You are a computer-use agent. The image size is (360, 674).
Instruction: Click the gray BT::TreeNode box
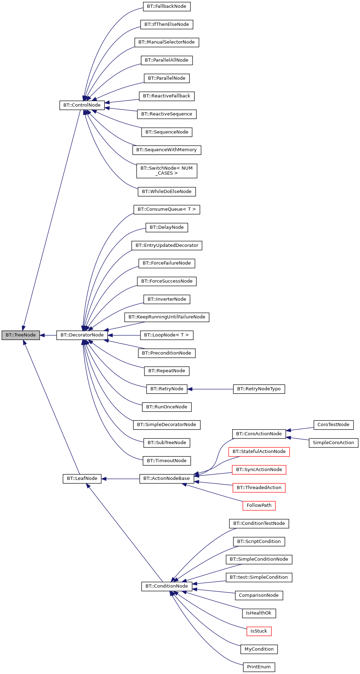coord(21,335)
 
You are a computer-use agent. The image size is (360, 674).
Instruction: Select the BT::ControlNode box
coord(82,105)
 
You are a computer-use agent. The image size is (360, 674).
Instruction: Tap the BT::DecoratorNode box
coord(82,335)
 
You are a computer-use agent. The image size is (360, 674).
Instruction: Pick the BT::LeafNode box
coord(82,478)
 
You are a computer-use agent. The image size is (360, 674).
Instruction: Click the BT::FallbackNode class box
coord(167,6)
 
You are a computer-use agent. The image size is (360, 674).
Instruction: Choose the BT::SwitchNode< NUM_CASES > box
coord(167,171)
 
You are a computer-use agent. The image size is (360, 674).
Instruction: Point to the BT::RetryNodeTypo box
coord(259,389)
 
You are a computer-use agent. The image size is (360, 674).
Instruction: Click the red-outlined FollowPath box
coord(259,505)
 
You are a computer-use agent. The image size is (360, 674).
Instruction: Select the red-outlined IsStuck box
coord(259,631)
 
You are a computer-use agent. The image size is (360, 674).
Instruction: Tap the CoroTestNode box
coord(333,425)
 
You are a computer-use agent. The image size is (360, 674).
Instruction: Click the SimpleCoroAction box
coord(333,443)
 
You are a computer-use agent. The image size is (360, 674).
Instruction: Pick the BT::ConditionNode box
coord(167,586)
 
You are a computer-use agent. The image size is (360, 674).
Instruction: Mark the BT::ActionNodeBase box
coord(167,478)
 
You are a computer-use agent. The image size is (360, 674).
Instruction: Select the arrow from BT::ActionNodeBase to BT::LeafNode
coord(120,479)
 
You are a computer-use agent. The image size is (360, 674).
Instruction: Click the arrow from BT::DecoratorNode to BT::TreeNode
coord(48,335)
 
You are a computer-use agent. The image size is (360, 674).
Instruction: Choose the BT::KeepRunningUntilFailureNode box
coord(167,317)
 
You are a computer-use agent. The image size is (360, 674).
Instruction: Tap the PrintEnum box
coord(259,667)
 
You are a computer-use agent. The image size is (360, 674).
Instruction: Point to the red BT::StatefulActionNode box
coord(259,452)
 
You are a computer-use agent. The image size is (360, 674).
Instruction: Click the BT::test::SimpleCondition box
coord(259,577)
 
